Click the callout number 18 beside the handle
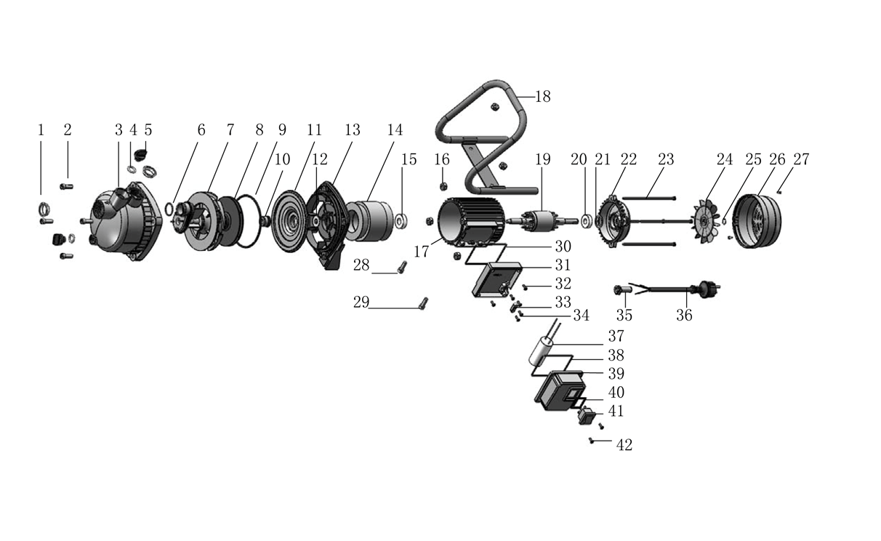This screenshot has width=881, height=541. (x=543, y=97)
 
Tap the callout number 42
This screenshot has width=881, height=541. (x=624, y=445)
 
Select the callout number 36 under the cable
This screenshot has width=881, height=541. (x=684, y=315)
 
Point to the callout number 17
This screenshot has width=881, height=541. (x=421, y=252)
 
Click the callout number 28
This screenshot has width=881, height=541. (x=361, y=265)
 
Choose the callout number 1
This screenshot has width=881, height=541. (x=41, y=130)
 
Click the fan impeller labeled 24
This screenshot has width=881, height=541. (x=706, y=222)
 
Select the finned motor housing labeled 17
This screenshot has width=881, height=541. (x=472, y=223)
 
